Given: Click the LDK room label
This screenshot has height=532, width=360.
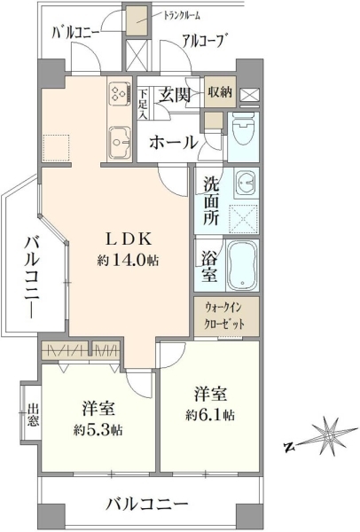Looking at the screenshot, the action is click(129, 239).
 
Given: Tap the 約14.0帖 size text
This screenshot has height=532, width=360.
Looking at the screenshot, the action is click(129, 260).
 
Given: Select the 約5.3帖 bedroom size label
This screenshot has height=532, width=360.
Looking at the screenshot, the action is click(98, 430).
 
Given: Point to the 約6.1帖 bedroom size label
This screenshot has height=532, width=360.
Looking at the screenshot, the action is click(210, 415).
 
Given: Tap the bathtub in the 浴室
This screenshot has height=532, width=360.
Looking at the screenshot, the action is click(242, 265).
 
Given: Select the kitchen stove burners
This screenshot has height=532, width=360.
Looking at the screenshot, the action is click(119, 93).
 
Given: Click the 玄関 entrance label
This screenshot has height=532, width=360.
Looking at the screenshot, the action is click(175, 95).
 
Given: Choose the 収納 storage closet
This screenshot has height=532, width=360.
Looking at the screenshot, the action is click(220, 92).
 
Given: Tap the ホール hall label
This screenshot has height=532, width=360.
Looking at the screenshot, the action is click(174, 143).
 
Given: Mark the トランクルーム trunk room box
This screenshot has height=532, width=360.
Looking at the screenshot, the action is click(137, 20).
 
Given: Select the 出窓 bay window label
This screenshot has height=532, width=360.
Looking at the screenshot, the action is click(34, 414).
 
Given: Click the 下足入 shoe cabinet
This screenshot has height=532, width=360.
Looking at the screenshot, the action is click(143, 103).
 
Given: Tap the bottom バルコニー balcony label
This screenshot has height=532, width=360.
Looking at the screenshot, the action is click(147, 505).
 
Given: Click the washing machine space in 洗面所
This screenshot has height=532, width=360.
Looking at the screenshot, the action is click(244, 218).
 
